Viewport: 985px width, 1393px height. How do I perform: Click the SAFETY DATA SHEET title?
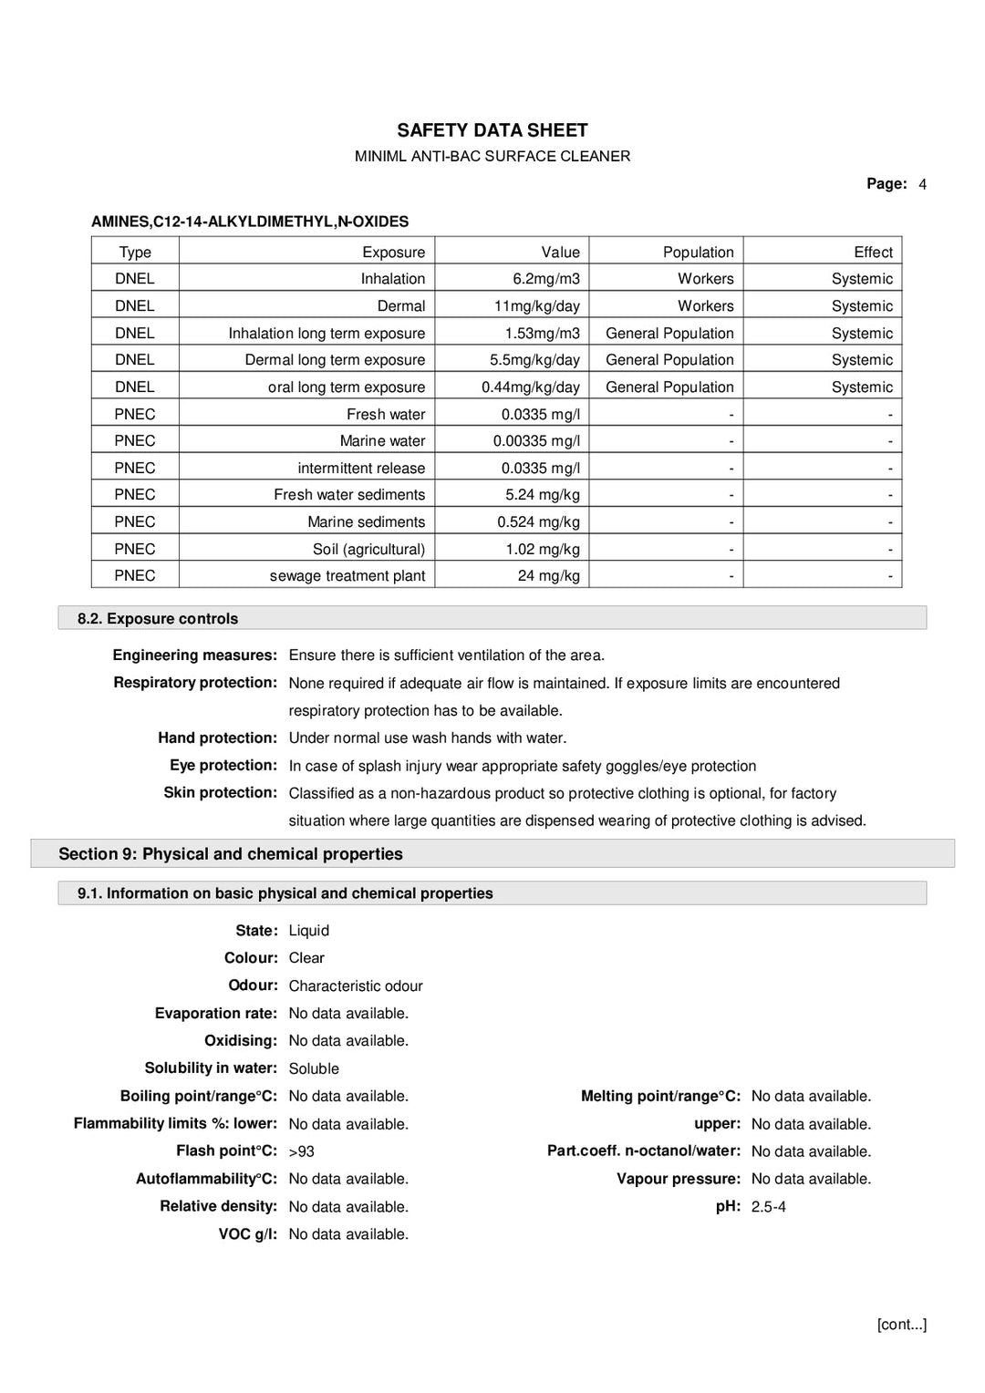(x=493, y=130)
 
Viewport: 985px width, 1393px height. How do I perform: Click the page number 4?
(x=922, y=184)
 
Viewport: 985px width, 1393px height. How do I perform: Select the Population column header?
(x=698, y=253)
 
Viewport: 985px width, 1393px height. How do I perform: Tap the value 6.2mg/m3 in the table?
(x=545, y=279)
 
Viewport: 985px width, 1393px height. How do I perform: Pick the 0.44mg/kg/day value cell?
(x=530, y=387)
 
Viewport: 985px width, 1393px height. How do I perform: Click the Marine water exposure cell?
(x=382, y=441)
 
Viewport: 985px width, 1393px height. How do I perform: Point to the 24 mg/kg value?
(x=548, y=576)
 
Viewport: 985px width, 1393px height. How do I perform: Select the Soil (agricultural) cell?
(x=368, y=550)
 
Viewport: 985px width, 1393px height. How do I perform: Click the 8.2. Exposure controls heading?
(x=158, y=619)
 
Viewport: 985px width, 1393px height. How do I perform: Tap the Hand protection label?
(x=217, y=738)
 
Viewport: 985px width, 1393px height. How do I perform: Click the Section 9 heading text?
(x=231, y=854)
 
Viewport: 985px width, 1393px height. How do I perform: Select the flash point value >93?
(x=301, y=1152)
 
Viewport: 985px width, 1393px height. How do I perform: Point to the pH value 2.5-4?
(x=768, y=1207)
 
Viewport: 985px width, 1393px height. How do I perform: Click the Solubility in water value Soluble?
(x=314, y=1069)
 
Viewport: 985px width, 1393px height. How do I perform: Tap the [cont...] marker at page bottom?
(x=901, y=1325)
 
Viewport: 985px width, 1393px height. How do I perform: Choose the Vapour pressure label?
(x=678, y=1179)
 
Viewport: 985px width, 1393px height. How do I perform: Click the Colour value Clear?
(x=306, y=958)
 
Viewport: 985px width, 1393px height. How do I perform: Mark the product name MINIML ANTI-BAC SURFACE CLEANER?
(x=493, y=157)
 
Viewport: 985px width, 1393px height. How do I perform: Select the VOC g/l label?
(x=247, y=1234)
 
